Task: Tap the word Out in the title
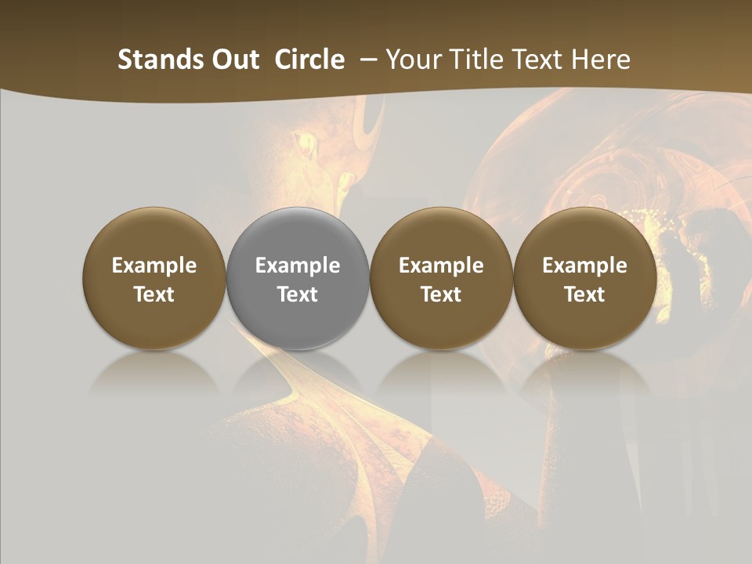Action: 234,60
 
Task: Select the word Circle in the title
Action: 309,60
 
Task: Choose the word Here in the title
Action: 602,60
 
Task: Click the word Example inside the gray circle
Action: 298,266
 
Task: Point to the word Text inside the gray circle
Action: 298,295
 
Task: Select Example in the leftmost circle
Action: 154,266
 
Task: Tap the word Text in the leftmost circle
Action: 154,295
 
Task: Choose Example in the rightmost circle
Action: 584,266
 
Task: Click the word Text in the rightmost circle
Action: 584,295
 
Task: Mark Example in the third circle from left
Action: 441,266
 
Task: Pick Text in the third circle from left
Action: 441,295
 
